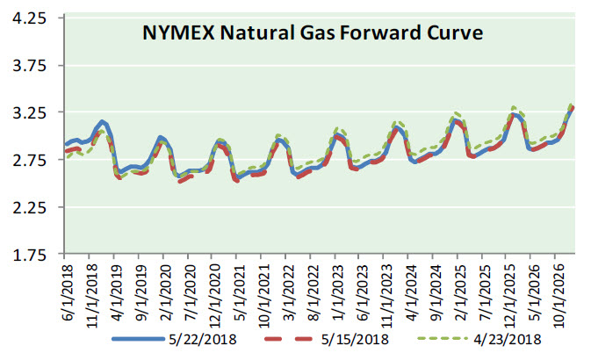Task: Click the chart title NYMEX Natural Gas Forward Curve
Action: tap(314, 33)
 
